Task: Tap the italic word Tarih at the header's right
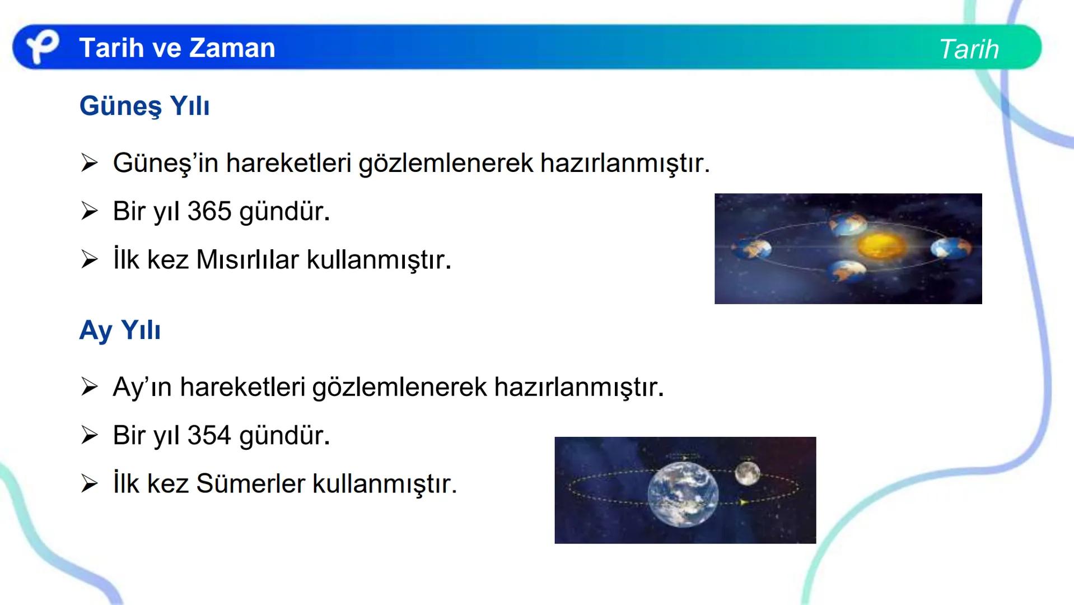969,49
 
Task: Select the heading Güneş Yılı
144,106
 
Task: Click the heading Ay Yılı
120,330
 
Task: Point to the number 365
209,212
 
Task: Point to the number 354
209,436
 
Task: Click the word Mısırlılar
248,260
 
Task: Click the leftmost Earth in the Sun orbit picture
750,249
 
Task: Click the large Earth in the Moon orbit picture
683,495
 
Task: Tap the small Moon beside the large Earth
747,473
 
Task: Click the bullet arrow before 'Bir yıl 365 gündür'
90,212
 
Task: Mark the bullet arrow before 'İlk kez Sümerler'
90,484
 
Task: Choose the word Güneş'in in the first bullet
165,164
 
